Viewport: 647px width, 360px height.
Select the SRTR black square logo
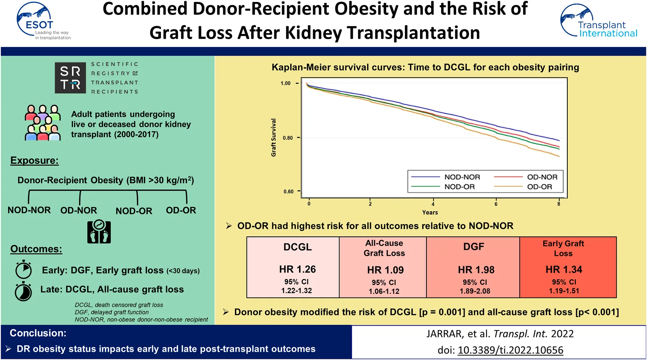coord(70,78)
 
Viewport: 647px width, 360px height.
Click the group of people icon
coord(43,123)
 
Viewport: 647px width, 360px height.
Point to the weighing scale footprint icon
coord(99,232)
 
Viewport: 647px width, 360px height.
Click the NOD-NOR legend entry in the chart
coord(462,177)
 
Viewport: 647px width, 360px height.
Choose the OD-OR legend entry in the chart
coord(539,187)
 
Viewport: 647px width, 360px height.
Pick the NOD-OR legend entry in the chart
coord(459,187)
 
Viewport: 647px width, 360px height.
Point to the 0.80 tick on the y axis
coord(288,138)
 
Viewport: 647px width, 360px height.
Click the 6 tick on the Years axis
coord(496,204)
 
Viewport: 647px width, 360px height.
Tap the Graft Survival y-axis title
coord(274,138)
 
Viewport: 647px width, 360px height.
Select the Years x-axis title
coord(430,212)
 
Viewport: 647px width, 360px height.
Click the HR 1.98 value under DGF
coord(476,270)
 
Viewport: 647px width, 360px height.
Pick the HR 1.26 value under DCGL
coord(297,269)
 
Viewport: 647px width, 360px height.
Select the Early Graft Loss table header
coord(563,248)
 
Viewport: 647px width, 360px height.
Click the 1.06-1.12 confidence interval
coord(384,291)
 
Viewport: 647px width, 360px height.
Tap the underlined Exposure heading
coord(34,161)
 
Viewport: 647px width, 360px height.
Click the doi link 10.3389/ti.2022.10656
coord(510,350)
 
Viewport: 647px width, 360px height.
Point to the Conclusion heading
coord(38,333)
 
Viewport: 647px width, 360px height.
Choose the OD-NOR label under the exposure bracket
coord(78,211)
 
